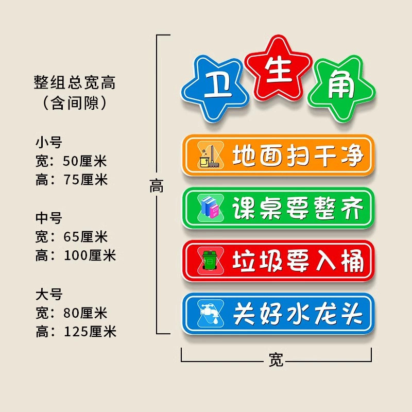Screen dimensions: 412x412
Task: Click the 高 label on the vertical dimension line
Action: tap(157, 186)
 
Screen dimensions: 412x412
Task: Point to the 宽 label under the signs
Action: tap(276, 359)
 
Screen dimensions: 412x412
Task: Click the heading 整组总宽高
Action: tap(75, 82)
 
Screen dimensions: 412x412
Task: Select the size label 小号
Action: tap(48, 142)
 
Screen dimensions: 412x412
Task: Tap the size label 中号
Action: tap(48, 218)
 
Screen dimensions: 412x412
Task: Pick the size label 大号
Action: tap(48, 295)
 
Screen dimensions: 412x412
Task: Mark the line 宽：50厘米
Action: tap(71, 161)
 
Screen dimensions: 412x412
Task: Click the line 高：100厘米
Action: tap(76, 255)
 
